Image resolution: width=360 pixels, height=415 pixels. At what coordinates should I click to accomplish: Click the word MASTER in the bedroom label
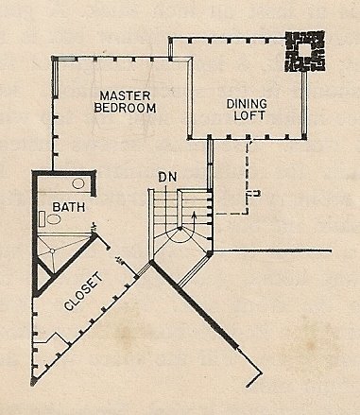(x=125, y=95)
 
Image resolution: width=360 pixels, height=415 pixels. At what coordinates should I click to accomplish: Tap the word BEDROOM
(x=125, y=108)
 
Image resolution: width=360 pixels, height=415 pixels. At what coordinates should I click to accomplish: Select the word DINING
(x=247, y=104)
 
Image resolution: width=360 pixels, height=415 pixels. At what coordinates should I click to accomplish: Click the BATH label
(x=69, y=207)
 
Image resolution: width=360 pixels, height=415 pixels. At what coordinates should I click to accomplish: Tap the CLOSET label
(x=83, y=291)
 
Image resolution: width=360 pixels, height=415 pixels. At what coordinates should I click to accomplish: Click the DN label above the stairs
(x=167, y=177)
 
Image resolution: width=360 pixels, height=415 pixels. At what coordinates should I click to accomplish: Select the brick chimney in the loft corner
(x=305, y=51)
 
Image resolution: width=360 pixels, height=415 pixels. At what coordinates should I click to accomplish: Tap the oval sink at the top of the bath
(x=78, y=183)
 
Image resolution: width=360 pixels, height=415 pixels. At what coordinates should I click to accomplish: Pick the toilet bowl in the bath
(x=54, y=219)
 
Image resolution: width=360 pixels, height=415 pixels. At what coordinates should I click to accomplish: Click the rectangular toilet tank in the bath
(x=43, y=218)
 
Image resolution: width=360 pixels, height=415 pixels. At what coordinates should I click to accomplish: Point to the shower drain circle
(x=53, y=251)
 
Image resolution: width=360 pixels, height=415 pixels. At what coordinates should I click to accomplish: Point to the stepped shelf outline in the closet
(x=52, y=338)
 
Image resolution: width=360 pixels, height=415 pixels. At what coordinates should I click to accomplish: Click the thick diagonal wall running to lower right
(x=195, y=304)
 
